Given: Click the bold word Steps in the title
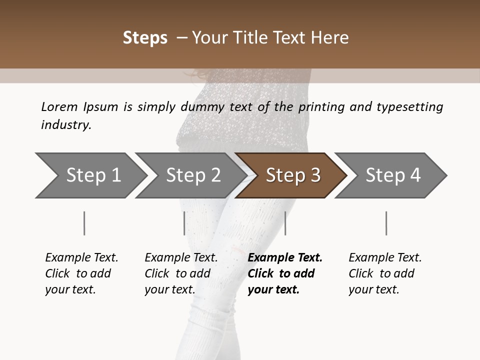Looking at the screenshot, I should tap(145, 38).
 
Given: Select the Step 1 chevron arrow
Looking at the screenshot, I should tap(90, 175).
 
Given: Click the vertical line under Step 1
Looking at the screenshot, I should tap(84, 223).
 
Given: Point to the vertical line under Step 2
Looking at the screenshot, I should tap(184, 223).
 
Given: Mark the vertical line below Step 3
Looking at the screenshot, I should tap(285, 223).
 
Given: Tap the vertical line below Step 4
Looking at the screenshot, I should tap(386, 223).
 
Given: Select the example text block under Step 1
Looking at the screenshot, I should tap(81, 273).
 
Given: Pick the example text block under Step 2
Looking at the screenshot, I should tap(181, 273).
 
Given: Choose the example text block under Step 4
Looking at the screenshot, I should tap(385, 273).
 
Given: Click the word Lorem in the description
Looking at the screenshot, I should tap(59, 106).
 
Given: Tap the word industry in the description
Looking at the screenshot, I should tap(66, 125).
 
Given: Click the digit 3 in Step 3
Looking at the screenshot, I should tap(315, 175).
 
